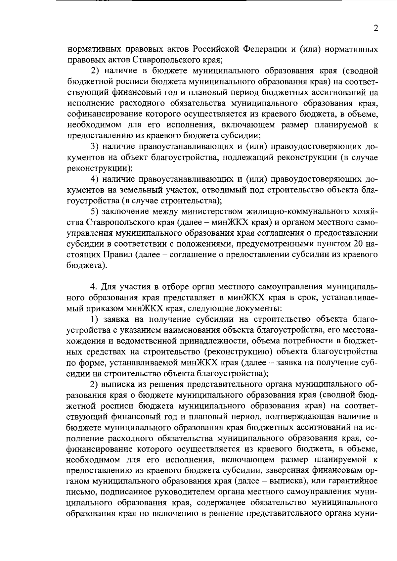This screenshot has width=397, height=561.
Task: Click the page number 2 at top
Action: tap(375, 28)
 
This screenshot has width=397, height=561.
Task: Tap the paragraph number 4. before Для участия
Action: tap(94, 287)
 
